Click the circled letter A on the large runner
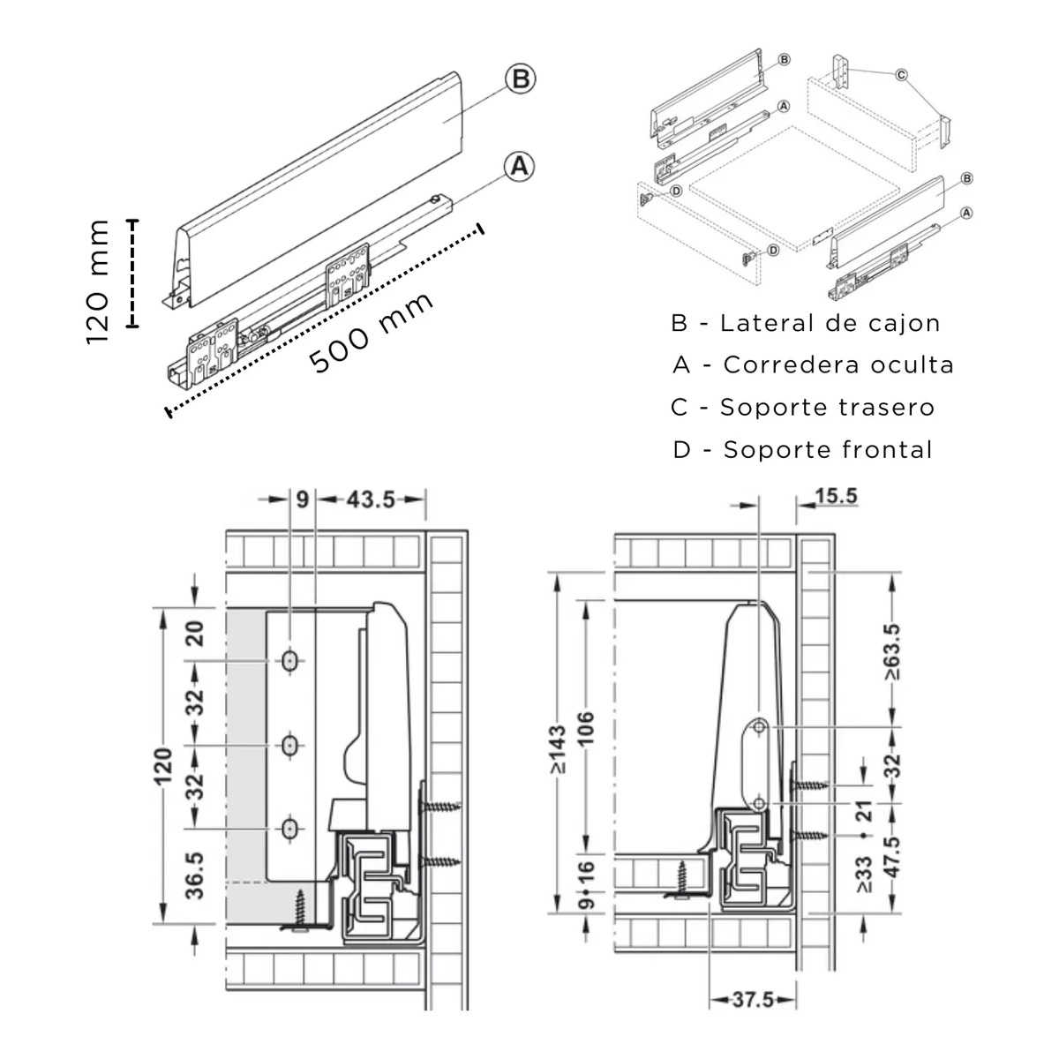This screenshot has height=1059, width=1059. pyautogui.click(x=520, y=165)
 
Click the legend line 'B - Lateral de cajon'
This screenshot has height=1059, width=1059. pyautogui.click(x=806, y=323)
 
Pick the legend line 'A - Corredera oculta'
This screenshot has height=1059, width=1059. pyautogui.click(x=813, y=364)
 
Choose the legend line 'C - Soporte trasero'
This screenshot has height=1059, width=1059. pyautogui.click(x=802, y=407)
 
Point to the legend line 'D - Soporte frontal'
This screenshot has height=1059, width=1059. pyautogui.click(x=802, y=449)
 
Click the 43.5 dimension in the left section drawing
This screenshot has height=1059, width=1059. pyautogui.click(x=371, y=499)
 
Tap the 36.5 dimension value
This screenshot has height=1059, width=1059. pyautogui.click(x=195, y=875)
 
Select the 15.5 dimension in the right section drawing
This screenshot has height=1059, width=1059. pyautogui.click(x=836, y=496)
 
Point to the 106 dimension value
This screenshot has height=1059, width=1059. pyautogui.click(x=587, y=728)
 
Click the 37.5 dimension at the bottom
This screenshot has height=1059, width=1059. pyautogui.click(x=753, y=1000)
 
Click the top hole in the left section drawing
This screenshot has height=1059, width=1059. pyautogui.click(x=289, y=660)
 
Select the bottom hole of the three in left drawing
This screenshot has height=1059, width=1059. pyautogui.click(x=289, y=829)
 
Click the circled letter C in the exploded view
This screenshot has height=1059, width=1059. pyautogui.click(x=901, y=76)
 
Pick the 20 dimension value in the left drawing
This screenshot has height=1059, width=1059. pyautogui.click(x=195, y=634)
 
